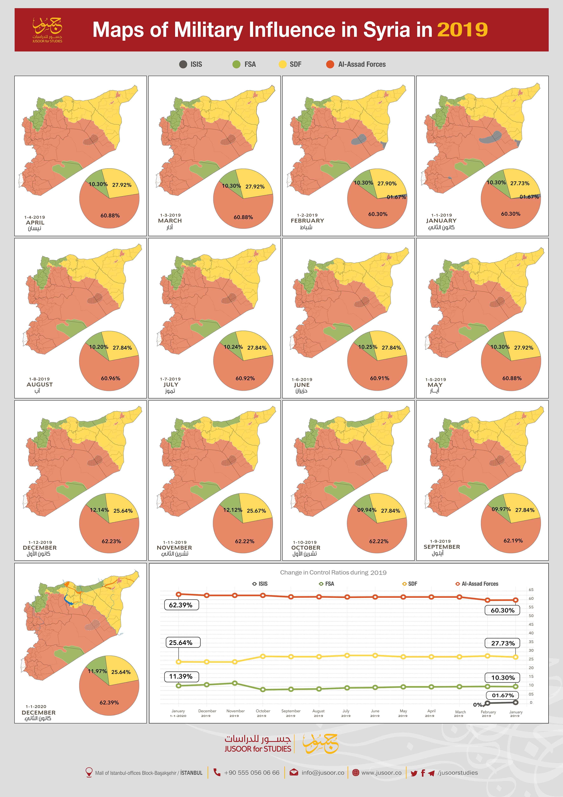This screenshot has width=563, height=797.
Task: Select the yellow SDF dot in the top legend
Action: (x=283, y=64)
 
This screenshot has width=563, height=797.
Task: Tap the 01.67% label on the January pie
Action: (x=529, y=197)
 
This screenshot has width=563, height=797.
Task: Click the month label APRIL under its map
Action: (x=35, y=223)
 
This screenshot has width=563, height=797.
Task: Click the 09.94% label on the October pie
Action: (x=367, y=510)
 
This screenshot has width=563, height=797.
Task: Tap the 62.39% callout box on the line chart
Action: (x=181, y=605)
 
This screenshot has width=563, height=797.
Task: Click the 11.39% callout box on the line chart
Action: (x=181, y=677)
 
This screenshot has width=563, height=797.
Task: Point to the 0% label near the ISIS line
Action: (x=477, y=705)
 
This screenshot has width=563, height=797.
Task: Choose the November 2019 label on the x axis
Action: (x=235, y=713)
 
